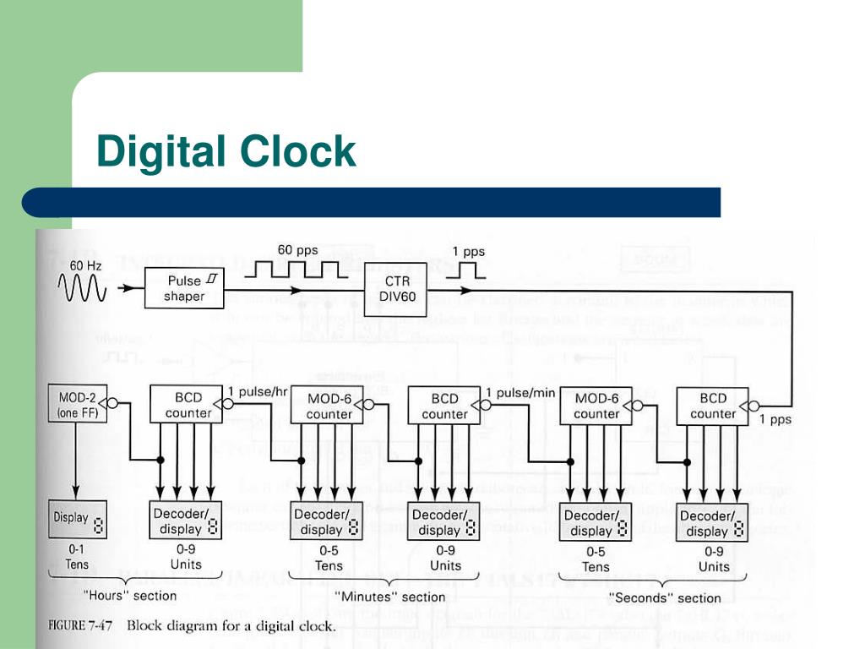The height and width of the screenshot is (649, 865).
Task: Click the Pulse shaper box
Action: pos(184,287)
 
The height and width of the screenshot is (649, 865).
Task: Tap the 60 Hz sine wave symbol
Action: pos(82,290)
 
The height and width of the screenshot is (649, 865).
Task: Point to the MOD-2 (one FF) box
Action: pos(77,404)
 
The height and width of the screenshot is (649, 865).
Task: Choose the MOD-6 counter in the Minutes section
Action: pos(328,406)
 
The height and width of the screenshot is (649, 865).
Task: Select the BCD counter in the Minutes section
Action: pos(444,406)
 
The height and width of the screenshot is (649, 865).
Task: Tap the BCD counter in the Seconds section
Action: pos(713,406)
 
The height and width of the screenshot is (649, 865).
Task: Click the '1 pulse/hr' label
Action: pos(258,391)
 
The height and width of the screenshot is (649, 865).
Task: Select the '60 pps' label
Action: pos(298,249)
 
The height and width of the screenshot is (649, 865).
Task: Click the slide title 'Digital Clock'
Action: pos(226,152)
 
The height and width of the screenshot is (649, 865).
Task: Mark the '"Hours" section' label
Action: pos(130,595)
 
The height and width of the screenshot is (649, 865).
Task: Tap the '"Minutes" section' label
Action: pos(390,597)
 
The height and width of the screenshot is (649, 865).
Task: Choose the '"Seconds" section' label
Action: pos(665,597)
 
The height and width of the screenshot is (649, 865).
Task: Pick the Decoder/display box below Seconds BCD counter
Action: pos(713,523)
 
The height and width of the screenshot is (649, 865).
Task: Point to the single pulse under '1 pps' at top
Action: pos(467,270)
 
